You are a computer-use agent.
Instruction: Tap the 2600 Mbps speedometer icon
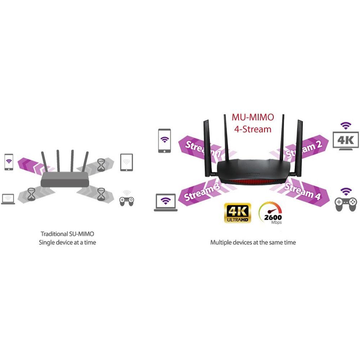[x=271, y=213]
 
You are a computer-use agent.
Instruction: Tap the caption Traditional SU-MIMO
[x=67, y=234]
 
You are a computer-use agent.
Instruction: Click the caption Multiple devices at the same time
[x=253, y=243]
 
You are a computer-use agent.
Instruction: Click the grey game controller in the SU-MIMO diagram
[x=126, y=200]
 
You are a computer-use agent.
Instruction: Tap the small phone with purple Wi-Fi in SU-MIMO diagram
[x=9, y=162]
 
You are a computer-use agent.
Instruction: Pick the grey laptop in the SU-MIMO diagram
[x=8, y=199]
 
